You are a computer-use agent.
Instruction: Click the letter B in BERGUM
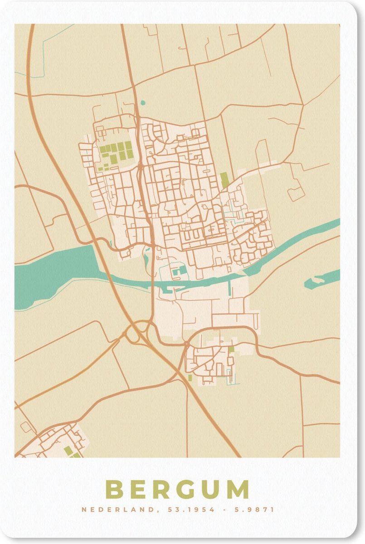[115, 490]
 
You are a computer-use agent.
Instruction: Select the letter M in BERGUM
[237, 490]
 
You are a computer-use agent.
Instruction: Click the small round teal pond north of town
[143, 103]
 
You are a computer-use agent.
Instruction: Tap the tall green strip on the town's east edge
[224, 180]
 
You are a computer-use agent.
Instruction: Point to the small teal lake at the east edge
[321, 280]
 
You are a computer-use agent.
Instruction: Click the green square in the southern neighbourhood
[231, 349]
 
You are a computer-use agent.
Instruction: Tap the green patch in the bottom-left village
[68, 450]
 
